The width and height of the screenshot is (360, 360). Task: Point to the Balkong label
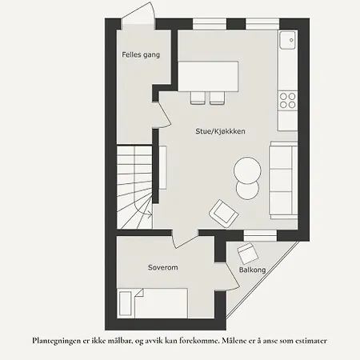click(x=253, y=271)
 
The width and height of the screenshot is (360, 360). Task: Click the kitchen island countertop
click(x=208, y=77)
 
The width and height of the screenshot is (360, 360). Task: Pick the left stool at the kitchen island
click(x=198, y=97)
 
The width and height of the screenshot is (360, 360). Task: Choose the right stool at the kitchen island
click(x=218, y=97)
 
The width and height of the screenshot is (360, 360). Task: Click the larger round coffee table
click(x=247, y=170)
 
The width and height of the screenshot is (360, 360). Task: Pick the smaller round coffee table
click(x=246, y=190)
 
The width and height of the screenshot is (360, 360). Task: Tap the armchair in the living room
click(x=223, y=214)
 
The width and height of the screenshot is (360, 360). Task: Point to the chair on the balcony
click(x=247, y=254)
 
